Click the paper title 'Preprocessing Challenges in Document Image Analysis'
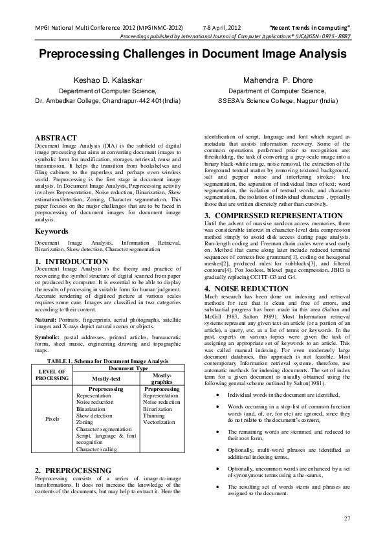[192, 56]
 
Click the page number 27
[346, 518]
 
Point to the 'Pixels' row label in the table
[52, 419]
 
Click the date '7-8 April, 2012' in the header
[221, 27]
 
